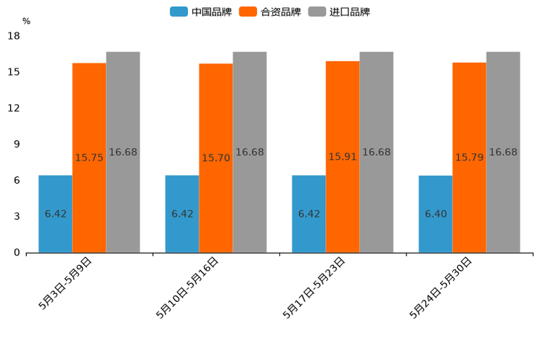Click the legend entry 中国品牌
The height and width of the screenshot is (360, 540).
point(200,12)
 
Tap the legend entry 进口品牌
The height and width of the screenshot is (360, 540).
point(339,12)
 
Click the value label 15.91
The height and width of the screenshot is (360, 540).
point(343,157)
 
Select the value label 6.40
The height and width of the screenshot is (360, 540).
point(436,214)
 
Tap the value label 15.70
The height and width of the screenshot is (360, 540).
point(216,157)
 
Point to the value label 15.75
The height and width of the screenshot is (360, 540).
point(89,157)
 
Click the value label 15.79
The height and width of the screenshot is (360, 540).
point(470,157)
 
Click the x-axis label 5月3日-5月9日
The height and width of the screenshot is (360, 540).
point(65,283)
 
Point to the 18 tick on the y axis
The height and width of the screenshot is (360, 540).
point(14,36)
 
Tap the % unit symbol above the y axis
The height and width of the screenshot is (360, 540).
point(26,22)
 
